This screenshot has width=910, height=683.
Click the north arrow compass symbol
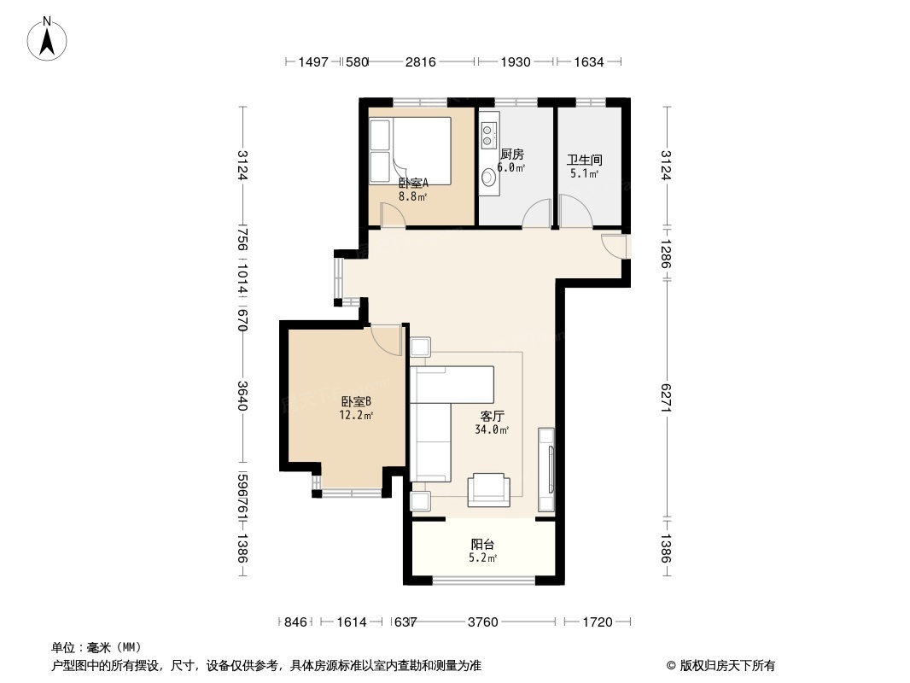coord(48,38)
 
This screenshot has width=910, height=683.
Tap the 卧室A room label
coord(413,182)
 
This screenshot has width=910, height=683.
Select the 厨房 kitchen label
coord(511,155)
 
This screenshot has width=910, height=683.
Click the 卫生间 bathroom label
coord(585,160)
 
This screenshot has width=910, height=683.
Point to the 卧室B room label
coord(355,402)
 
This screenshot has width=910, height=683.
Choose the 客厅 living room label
coord(492,417)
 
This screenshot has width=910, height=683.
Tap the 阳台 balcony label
coord(483,545)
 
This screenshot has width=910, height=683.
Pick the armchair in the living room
coord(489,488)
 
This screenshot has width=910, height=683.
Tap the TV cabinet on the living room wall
coord(546,470)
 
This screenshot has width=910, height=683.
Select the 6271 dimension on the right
coord(666,396)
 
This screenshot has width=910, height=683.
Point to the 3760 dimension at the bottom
coord(483,622)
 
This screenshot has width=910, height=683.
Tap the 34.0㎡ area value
coord(492,430)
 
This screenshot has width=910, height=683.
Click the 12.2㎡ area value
coord(355,416)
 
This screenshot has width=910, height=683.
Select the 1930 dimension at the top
coord(516,61)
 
